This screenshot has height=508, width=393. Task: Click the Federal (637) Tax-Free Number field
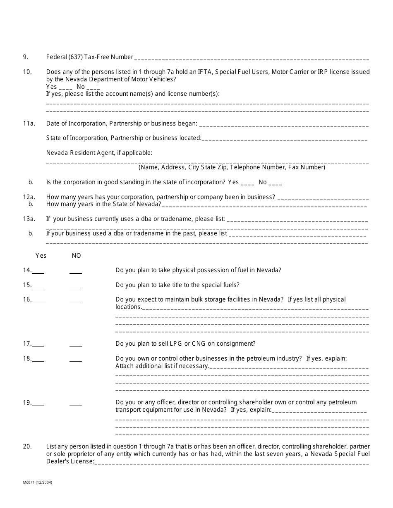point(251,58)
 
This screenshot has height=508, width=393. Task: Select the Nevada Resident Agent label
point(99,153)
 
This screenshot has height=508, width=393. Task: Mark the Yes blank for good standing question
point(247,183)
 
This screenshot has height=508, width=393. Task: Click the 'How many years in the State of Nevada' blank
point(264,205)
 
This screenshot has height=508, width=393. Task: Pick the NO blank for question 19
point(76,404)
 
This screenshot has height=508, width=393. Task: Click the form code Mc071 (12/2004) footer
point(38,482)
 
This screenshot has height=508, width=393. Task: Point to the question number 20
point(27,446)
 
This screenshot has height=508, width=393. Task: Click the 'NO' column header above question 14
point(77,256)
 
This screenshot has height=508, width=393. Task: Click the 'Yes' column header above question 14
point(41,256)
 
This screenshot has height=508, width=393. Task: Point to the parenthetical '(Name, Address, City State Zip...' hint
point(232,167)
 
